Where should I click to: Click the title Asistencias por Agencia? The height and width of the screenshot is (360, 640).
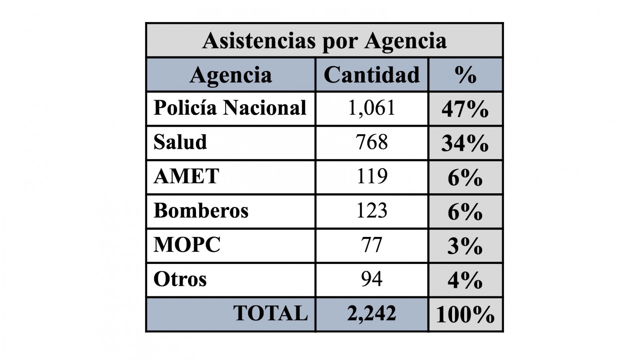click(x=324, y=41)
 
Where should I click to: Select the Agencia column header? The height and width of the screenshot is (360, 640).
click(x=231, y=75)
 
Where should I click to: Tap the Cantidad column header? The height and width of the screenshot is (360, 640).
click(x=372, y=75)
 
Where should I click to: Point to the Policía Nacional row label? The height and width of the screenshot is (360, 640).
click(x=230, y=108)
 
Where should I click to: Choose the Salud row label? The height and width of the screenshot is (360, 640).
click(x=180, y=142)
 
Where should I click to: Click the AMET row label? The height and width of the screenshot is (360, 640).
click(x=186, y=176)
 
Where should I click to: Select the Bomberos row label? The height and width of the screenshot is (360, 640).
click(x=201, y=211)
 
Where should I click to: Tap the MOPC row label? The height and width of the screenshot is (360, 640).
click(x=187, y=245)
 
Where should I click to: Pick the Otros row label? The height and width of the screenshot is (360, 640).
click(x=180, y=279)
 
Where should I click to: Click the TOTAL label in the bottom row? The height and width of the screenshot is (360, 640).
click(x=270, y=313)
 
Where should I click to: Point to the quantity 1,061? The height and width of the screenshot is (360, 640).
click(x=372, y=108)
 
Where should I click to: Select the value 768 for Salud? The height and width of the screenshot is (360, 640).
click(x=372, y=142)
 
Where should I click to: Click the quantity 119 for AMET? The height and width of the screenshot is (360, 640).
click(x=372, y=176)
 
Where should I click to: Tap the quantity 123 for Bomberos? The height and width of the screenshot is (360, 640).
click(x=372, y=211)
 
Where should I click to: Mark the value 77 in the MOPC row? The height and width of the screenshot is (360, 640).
click(x=372, y=245)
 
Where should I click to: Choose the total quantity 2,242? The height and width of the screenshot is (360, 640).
click(x=372, y=313)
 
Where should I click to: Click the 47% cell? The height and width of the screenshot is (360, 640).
click(x=465, y=109)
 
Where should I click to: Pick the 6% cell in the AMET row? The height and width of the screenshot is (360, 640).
click(x=465, y=178)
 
